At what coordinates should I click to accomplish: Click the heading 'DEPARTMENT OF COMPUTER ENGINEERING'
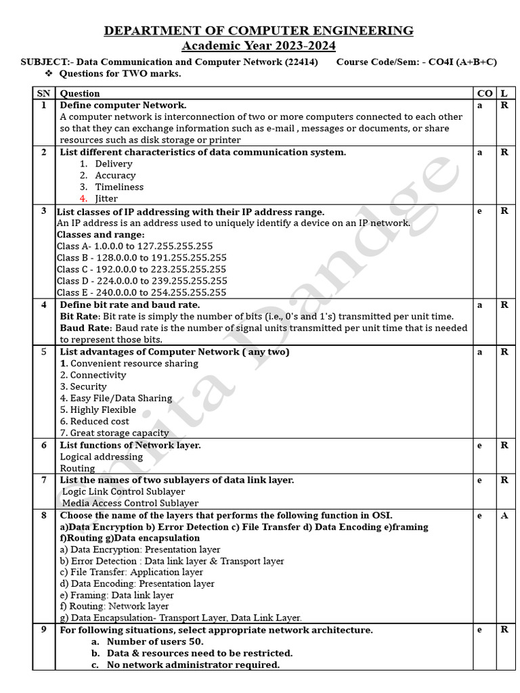point(258,30)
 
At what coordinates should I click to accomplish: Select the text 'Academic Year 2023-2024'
point(258,45)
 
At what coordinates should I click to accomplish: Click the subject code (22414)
point(301,62)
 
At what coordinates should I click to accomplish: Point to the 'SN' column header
point(43,93)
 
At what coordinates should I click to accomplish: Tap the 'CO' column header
point(484,93)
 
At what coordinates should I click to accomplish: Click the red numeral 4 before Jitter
point(83,198)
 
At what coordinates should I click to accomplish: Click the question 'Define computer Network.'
point(123,105)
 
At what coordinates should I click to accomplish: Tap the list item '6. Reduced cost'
point(94,421)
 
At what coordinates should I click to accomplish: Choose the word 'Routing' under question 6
point(77,468)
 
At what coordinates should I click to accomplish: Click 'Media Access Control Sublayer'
point(130,503)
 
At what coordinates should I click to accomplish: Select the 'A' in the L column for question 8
point(504,515)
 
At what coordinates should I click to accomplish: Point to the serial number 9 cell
point(43,629)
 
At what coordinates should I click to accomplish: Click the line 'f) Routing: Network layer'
point(114,606)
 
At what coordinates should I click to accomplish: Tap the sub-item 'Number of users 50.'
point(155,641)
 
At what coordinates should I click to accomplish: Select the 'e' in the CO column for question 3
point(480,210)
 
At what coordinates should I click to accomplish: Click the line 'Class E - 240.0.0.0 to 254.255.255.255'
point(142,292)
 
